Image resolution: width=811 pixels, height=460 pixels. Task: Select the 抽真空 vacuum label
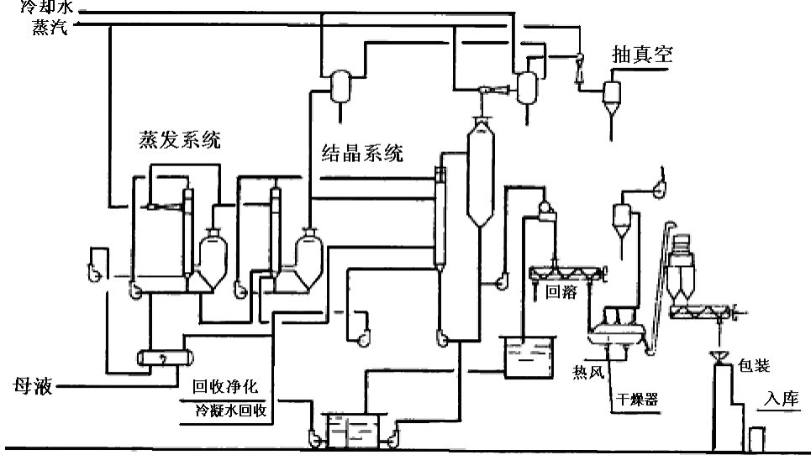[642, 55]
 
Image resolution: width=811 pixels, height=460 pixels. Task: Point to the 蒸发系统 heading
[180, 139]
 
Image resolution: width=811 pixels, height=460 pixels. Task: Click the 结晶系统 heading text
[362, 153]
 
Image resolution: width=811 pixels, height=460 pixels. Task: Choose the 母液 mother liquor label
[33, 387]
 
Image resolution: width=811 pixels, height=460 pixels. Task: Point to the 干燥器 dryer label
[636, 400]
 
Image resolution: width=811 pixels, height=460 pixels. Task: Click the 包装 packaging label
[754, 366]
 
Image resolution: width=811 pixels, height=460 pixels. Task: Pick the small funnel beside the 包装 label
[719, 358]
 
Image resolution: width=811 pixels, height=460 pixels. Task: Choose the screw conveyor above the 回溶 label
[568, 273]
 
